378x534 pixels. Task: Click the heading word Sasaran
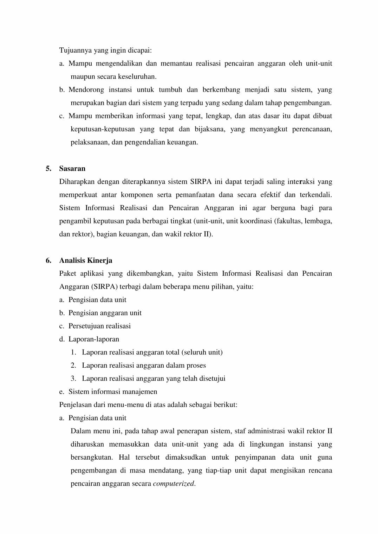tap(72, 169)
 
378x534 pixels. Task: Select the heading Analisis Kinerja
tap(86, 260)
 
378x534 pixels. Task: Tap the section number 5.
tap(48, 169)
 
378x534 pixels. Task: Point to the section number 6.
tap(48, 260)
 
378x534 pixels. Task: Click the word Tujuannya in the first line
tap(74, 50)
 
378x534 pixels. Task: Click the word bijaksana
tap(209, 129)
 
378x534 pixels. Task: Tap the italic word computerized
tap(174, 484)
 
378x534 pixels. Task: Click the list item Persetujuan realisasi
tap(99, 326)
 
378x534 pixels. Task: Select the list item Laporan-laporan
tap(94, 339)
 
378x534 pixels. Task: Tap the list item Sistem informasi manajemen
tap(113, 392)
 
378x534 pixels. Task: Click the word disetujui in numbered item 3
tap(212, 379)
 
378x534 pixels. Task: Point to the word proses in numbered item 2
tap(196, 366)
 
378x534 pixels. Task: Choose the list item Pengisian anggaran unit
tap(105, 313)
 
